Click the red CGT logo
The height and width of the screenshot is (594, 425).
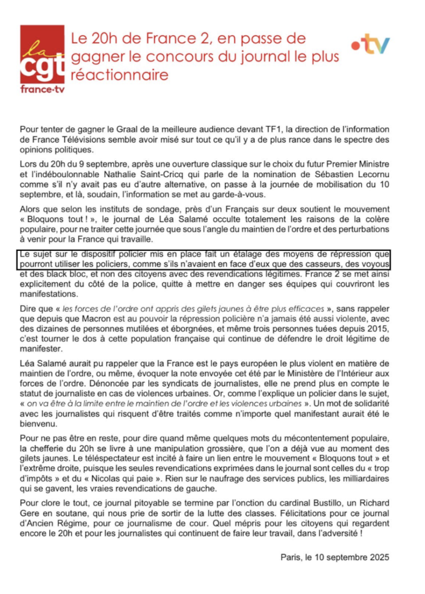point(42,59)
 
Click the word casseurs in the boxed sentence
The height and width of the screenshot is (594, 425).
point(324,265)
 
